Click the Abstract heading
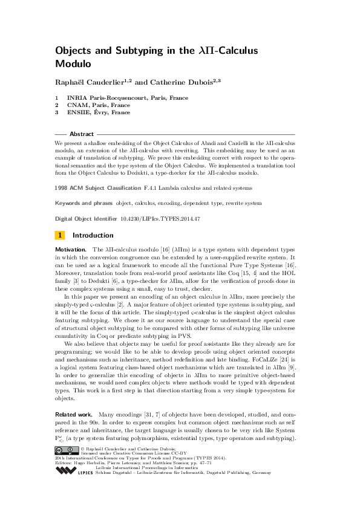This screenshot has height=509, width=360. click(x=82, y=134)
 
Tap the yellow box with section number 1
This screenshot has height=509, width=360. click(x=60, y=235)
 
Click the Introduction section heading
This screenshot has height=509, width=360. click(x=93, y=235)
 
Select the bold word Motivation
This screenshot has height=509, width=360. click(x=71, y=249)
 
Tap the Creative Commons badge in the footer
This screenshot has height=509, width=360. click(x=65, y=450)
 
